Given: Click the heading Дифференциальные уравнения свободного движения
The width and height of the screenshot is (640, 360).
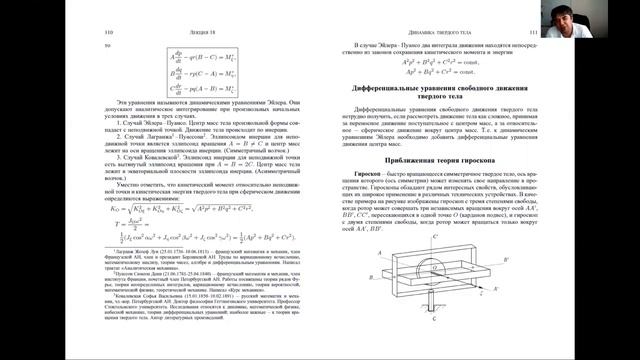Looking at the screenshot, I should coord(459,89).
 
